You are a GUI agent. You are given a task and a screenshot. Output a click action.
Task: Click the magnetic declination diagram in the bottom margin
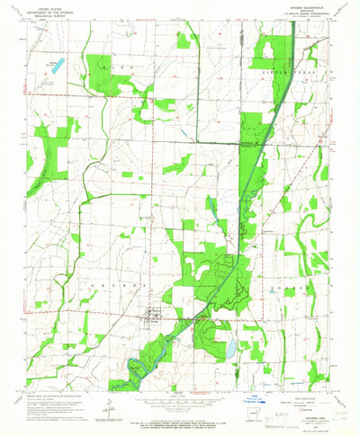(109, 401)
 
